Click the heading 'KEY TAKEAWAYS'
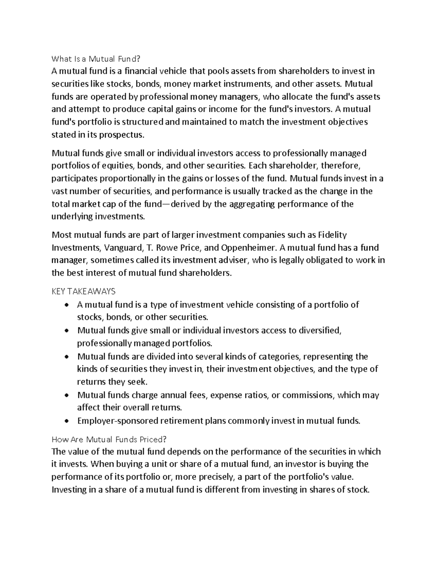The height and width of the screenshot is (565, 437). (x=84, y=291)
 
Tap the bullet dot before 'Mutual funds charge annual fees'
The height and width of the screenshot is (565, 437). (x=66, y=395)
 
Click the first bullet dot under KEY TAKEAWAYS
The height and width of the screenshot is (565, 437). (x=66, y=305)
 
